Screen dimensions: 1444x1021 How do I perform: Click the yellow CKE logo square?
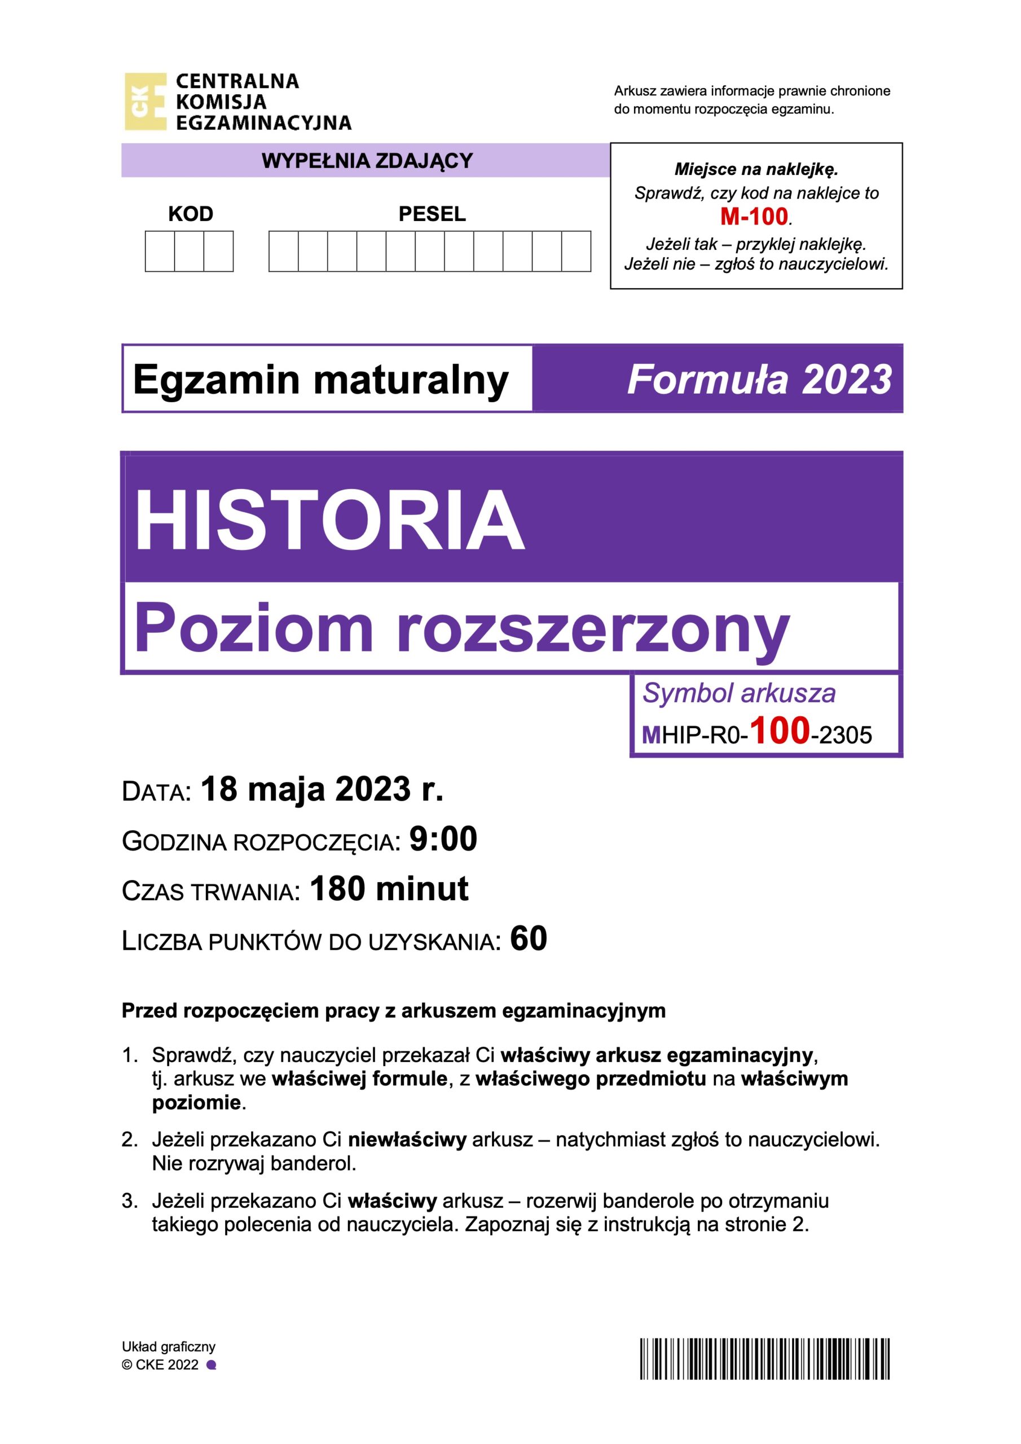click(x=146, y=102)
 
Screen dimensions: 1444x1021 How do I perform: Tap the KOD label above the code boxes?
click(x=191, y=214)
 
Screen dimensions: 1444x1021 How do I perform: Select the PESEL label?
click(x=432, y=214)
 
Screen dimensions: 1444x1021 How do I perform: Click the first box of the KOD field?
click(x=160, y=252)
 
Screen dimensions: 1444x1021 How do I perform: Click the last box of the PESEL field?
click(x=575, y=252)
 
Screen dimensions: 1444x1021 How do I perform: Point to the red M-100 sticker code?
click(x=754, y=217)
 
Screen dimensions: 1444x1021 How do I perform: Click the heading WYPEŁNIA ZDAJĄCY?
click(x=367, y=161)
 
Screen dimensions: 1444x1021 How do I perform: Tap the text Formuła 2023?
click(x=759, y=380)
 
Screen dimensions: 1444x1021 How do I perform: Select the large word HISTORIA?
click(x=329, y=521)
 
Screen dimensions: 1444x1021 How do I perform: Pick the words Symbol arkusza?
click(x=738, y=693)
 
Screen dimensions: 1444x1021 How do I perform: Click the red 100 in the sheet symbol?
click(x=780, y=731)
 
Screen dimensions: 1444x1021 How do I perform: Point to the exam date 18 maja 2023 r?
click(x=322, y=789)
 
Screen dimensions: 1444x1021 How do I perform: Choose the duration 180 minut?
click(x=389, y=890)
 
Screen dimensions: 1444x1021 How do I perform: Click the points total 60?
click(x=529, y=939)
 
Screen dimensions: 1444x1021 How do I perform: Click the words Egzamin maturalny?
click(x=321, y=380)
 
